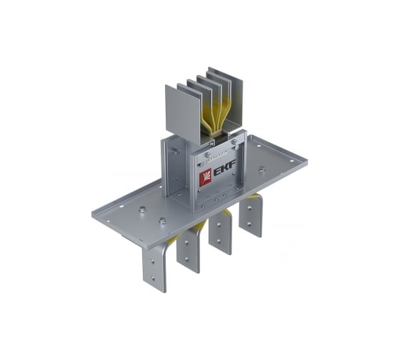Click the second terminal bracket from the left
click(189, 249)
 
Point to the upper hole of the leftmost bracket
click(152, 261)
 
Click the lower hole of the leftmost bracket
click(153, 279)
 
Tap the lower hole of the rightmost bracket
click(249, 224)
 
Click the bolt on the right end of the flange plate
click(261, 169)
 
